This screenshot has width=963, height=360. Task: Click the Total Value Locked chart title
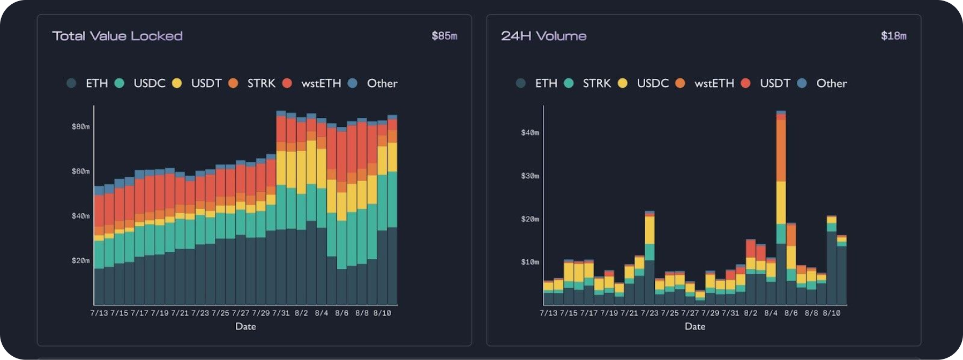click(117, 36)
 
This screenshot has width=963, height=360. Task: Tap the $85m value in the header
click(444, 36)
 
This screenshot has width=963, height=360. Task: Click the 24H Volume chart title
click(543, 36)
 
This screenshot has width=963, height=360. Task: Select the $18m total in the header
click(893, 36)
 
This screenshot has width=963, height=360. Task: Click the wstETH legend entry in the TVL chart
click(320, 83)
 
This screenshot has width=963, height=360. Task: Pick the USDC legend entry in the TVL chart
click(149, 83)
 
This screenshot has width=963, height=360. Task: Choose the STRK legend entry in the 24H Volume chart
click(596, 83)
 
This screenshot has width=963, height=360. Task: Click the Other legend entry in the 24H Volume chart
click(831, 83)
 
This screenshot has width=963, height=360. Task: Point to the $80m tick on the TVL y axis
click(81, 126)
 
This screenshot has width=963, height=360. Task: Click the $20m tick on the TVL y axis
click(81, 260)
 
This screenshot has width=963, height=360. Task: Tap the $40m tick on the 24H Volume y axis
click(530, 132)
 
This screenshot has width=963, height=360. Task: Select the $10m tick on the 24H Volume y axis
click(530, 262)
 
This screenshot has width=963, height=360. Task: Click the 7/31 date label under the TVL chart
click(281, 313)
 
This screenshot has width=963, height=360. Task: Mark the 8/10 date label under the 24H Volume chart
click(832, 313)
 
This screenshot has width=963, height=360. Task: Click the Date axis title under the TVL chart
click(245, 326)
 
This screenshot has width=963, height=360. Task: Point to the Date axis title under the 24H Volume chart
click(695, 326)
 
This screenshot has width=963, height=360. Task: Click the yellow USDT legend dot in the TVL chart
click(177, 83)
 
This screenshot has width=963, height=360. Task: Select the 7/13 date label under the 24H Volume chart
click(548, 313)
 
